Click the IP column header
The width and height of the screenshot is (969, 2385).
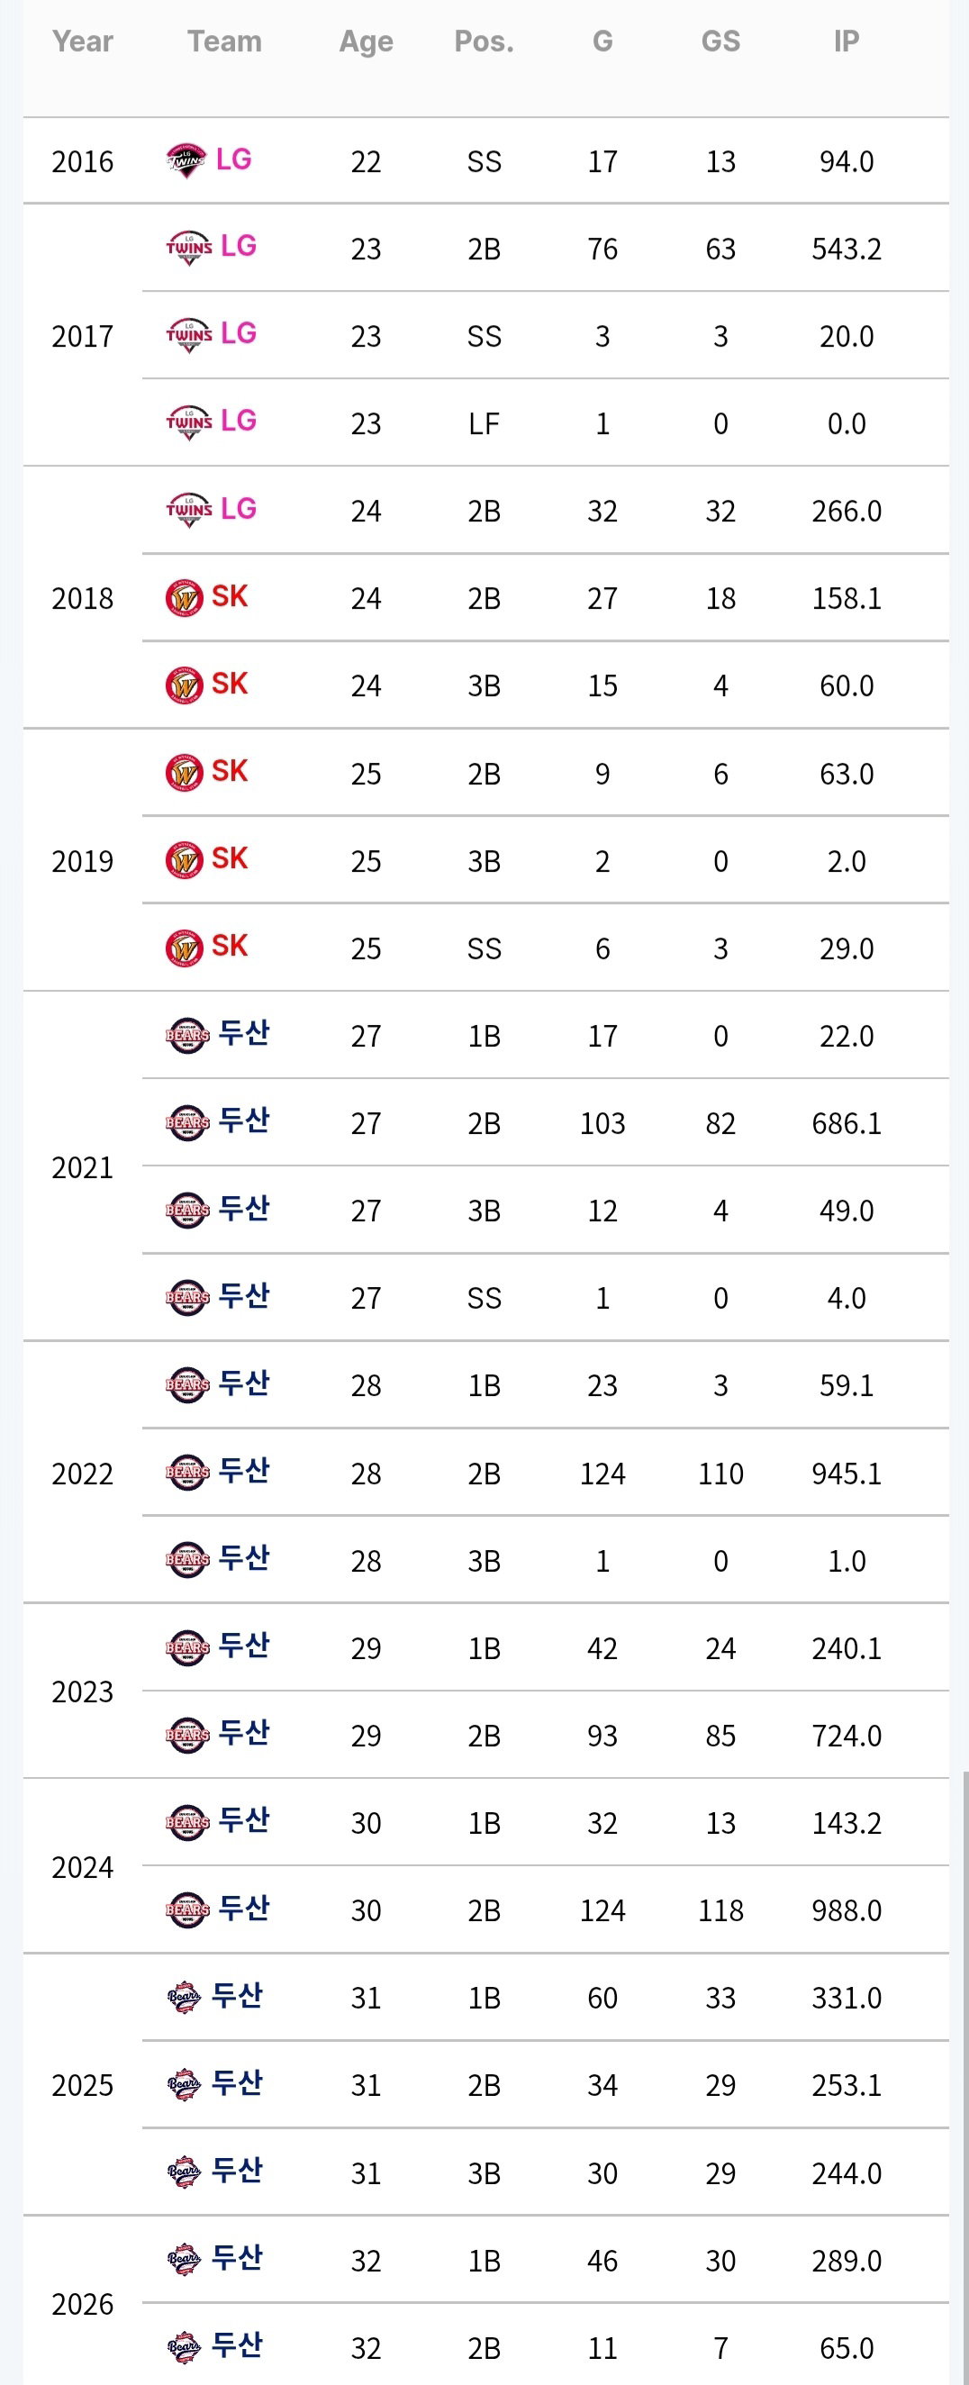point(846,41)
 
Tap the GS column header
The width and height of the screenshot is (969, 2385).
point(720,41)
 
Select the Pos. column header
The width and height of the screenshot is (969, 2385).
point(484,41)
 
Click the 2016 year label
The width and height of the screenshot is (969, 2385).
point(82,162)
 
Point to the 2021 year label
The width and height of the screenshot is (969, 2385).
point(82,1167)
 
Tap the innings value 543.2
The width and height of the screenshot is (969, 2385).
point(846,249)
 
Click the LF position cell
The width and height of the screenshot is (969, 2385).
point(484,424)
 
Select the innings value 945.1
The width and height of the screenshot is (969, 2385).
point(846,1473)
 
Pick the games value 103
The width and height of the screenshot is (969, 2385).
point(602,1123)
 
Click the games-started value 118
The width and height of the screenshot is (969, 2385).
point(720,1910)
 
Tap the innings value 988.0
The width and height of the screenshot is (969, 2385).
point(846,1910)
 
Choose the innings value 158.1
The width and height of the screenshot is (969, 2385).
point(846,598)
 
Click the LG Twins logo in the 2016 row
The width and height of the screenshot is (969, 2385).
point(186,161)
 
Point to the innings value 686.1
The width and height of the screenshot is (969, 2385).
point(846,1123)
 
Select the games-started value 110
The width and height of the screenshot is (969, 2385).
point(720,1473)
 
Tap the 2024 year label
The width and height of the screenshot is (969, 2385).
point(82,1867)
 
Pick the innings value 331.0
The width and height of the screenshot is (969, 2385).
point(846,1998)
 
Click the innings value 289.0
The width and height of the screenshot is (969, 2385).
point(846,2261)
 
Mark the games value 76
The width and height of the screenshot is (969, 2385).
point(602,249)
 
